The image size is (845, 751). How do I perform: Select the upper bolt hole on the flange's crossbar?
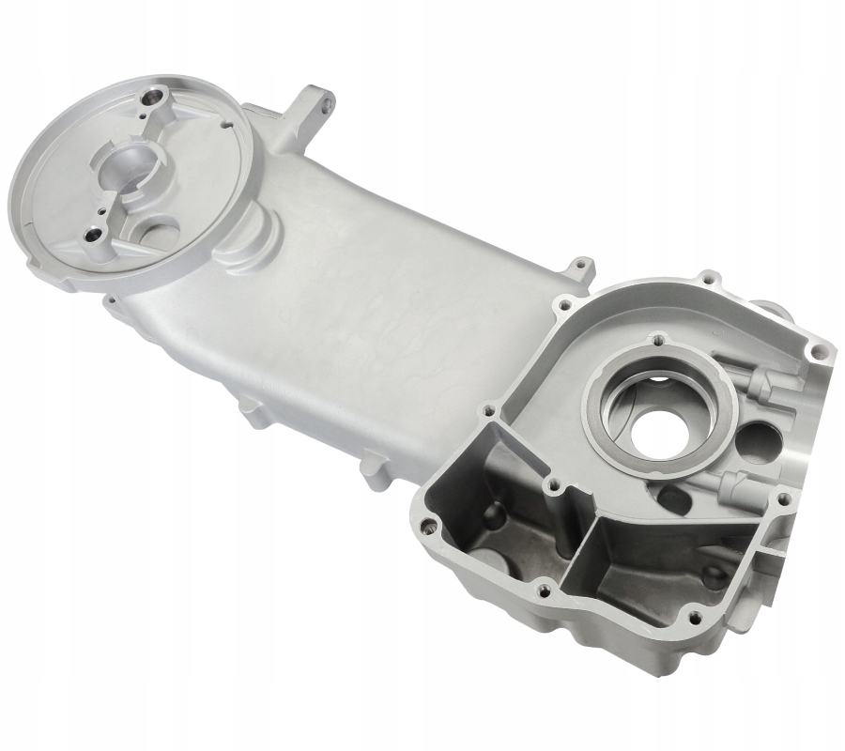click(151, 96)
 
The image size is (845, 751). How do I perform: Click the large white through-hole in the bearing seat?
click(661, 431)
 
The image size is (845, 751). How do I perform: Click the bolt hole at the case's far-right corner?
click(819, 352)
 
